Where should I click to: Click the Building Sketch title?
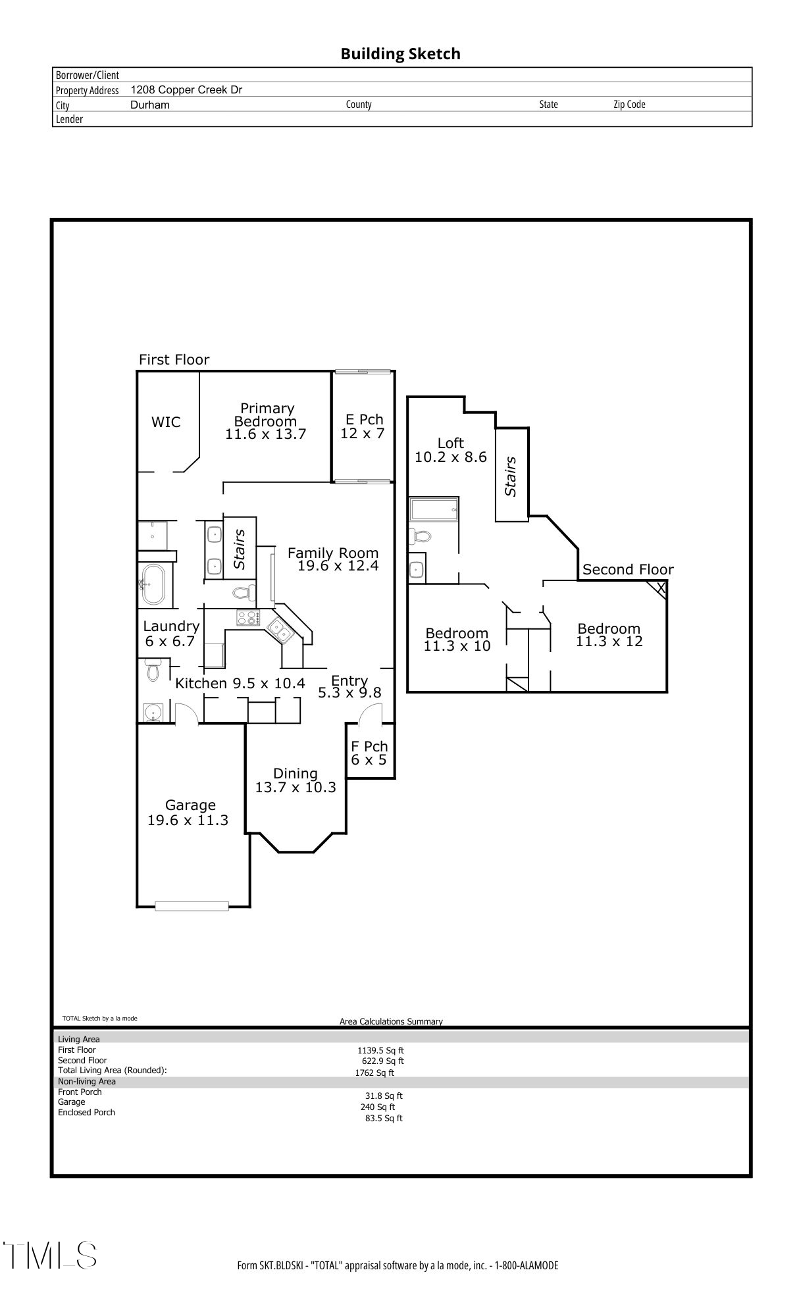click(400, 54)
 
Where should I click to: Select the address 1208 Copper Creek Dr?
click(186, 89)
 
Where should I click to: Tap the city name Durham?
click(150, 105)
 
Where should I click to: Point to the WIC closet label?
click(166, 422)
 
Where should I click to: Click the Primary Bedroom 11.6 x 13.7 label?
click(266, 421)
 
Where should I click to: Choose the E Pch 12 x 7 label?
click(363, 426)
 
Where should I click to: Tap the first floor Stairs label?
click(240, 549)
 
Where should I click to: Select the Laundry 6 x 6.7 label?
click(170, 634)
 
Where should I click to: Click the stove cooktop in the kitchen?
click(249, 618)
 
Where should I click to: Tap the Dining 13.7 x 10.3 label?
click(296, 780)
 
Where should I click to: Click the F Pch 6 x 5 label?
click(369, 753)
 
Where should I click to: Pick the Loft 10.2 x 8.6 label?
click(451, 450)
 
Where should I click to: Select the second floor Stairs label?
click(511, 476)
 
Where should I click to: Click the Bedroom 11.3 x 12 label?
click(609, 635)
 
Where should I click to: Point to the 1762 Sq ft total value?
click(374, 1073)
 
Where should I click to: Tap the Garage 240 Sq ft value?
click(378, 1107)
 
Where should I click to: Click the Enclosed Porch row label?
click(86, 1113)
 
